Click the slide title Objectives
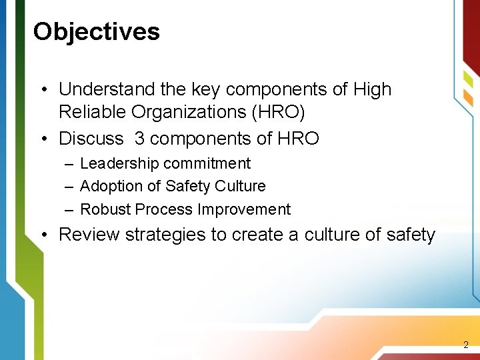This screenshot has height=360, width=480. point(97,31)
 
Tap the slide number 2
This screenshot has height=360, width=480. point(466,345)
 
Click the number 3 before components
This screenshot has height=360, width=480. point(140,139)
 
